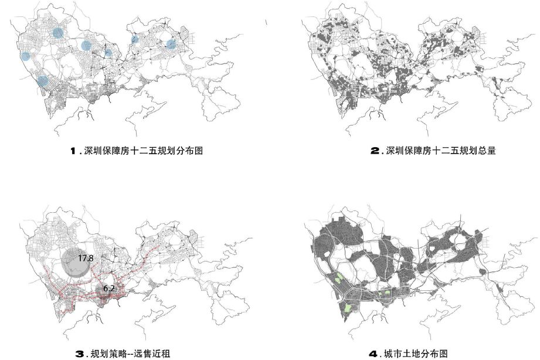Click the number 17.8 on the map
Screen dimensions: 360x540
[x=86, y=258]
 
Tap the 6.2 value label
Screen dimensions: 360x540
[x=109, y=288]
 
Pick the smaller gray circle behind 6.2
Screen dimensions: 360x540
[x=103, y=291]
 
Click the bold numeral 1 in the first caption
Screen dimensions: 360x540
[x=74, y=151]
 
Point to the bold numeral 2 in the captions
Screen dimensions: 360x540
[x=375, y=151]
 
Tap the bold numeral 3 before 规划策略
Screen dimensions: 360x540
[x=81, y=354]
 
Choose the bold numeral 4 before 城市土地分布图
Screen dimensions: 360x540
[x=373, y=354]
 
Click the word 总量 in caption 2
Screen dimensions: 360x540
[x=487, y=151]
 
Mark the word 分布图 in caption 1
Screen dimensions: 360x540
[x=189, y=151]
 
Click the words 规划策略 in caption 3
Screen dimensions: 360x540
[x=106, y=354]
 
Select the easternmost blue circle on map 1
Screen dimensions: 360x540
[x=171, y=44]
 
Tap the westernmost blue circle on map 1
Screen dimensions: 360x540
[x=25, y=56]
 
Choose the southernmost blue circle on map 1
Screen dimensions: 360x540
[x=42, y=81]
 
